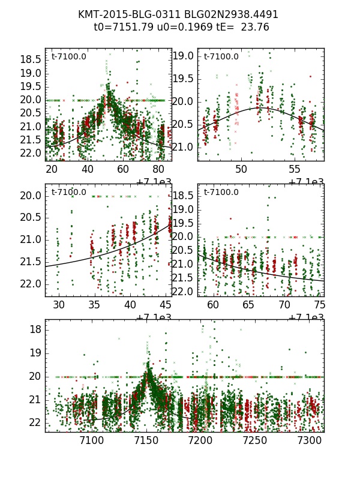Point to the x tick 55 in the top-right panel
click(295, 170)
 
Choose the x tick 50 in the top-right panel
click(241, 170)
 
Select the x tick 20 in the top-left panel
click(52, 170)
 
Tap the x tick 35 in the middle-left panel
click(94, 305)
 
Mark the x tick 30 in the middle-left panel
click(59, 305)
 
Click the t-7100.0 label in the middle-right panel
click(221, 192)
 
